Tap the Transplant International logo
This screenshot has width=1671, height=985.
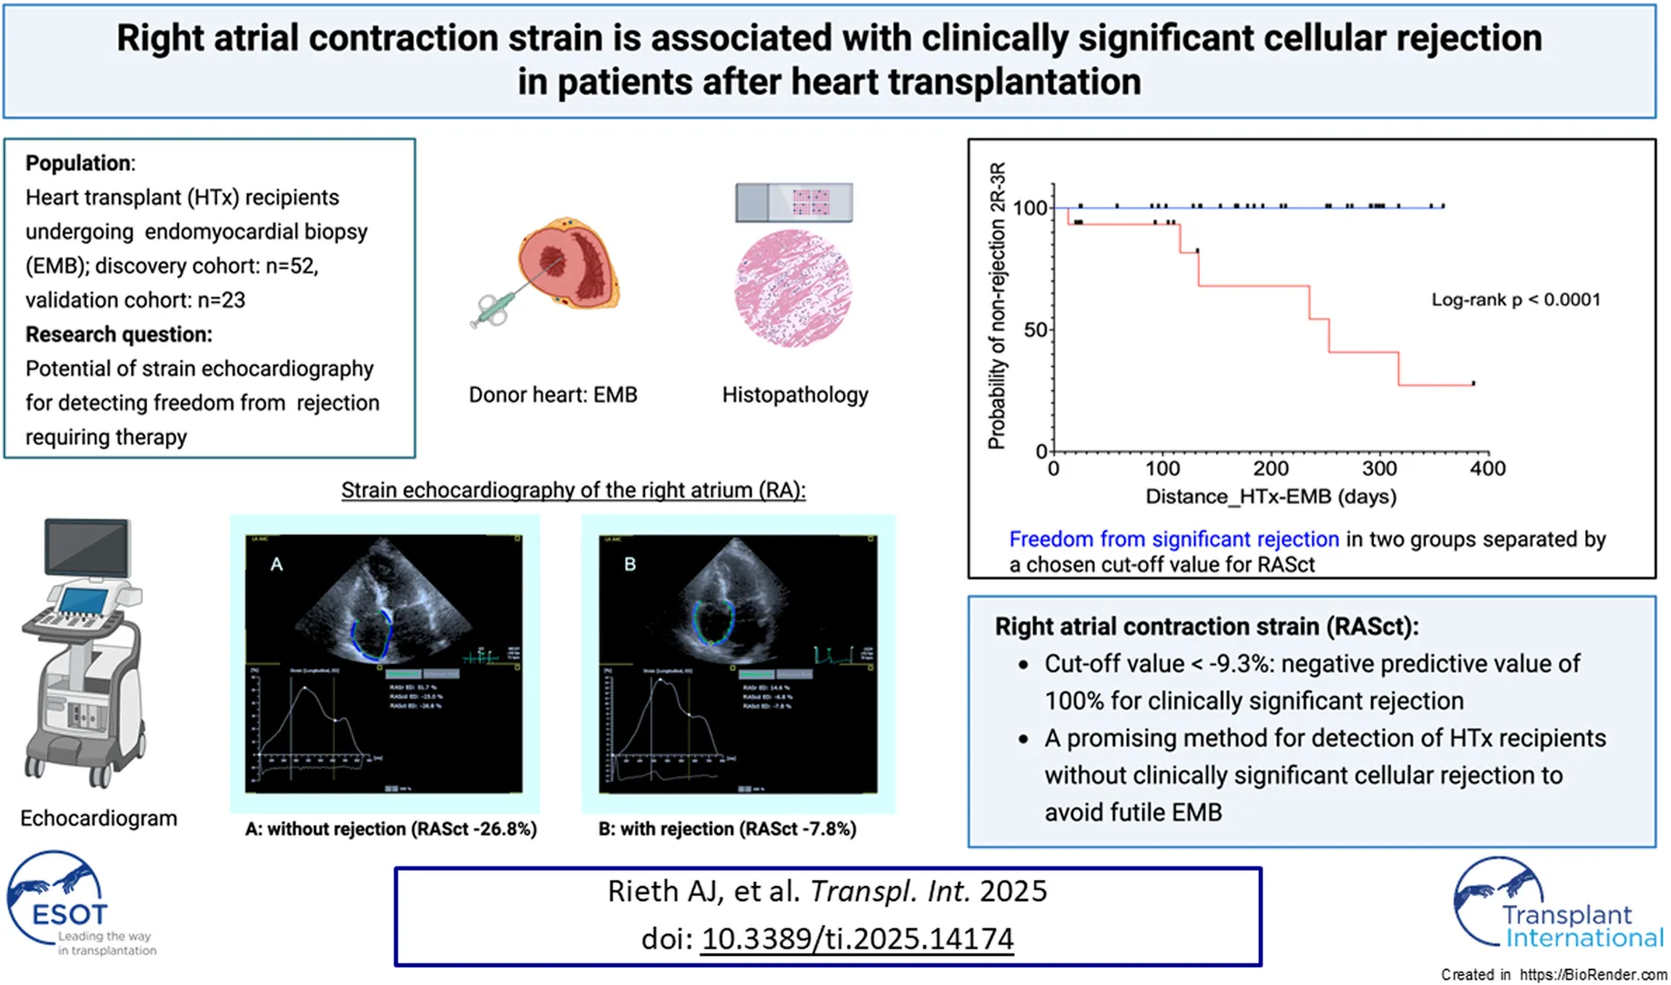click(x=1556, y=906)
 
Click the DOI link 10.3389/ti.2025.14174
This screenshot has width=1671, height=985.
click(x=857, y=939)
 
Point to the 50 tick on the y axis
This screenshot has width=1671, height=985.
click(x=1035, y=330)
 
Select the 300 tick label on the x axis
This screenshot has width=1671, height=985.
click(x=1379, y=469)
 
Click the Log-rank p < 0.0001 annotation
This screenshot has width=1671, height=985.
click(x=1515, y=300)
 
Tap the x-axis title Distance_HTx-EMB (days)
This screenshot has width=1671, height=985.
click(x=1270, y=496)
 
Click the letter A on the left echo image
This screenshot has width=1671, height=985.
click(x=276, y=564)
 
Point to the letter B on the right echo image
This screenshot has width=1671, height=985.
click(x=630, y=564)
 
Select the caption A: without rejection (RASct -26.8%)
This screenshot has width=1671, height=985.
click(x=390, y=829)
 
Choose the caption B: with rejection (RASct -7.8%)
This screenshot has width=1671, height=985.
click(x=727, y=829)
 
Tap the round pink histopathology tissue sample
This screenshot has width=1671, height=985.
click(x=793, y=288)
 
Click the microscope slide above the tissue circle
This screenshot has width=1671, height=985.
click(x=794, y=202)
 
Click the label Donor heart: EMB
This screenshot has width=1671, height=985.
click(x=553, y=394)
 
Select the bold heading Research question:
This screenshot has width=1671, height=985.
click(x=119, y=334)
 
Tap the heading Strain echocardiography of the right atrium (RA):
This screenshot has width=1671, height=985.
click(x=573, y=491)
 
